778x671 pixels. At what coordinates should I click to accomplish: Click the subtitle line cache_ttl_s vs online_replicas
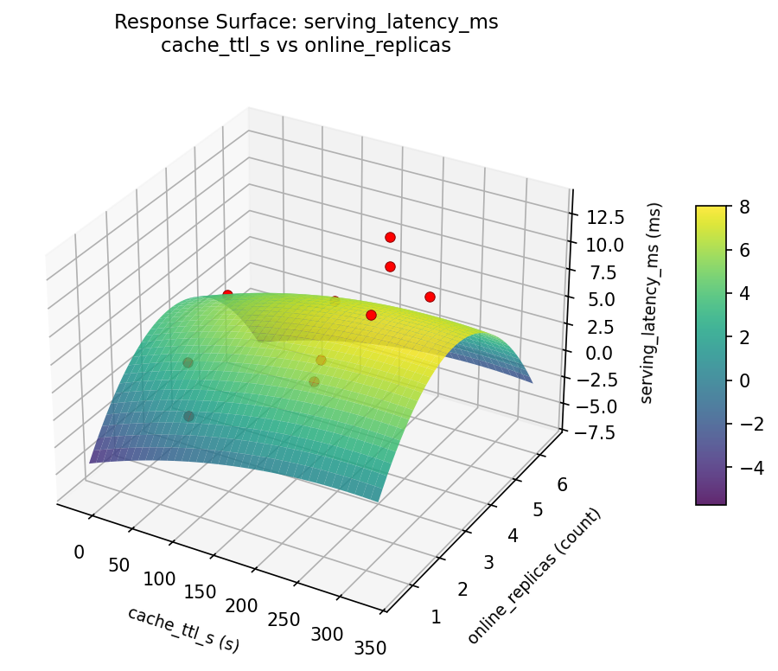(x=306, y=46)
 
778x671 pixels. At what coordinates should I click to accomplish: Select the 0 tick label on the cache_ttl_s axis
(x=79, y=552)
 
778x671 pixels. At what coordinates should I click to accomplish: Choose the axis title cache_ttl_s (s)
(x=183, y=629)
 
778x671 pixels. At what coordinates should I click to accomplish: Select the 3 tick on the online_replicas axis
(x=488, y=563)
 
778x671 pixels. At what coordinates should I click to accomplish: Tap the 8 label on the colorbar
(x=743, y=206)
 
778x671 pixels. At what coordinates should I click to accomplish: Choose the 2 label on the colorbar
(x=743, y=337)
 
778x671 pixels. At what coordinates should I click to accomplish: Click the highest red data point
(x=390, y=237)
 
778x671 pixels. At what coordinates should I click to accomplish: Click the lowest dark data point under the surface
(x=188, y=416)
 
